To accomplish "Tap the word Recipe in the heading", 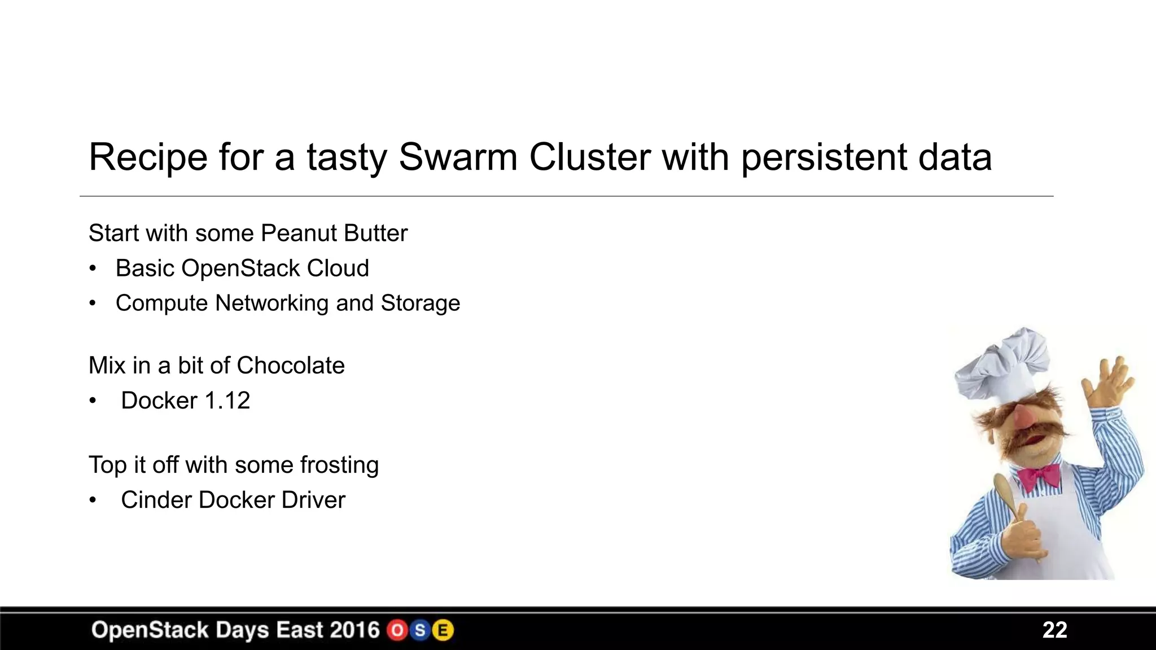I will tap(148, 158).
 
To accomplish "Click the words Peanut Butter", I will tap(334, 233).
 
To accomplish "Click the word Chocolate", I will tap(291, 366).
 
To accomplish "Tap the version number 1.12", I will tap(227, 401).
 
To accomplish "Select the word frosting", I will tap(339, 465).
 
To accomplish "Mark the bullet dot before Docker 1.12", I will tap(93, 401).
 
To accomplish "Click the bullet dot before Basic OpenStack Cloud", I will tap(93, 269).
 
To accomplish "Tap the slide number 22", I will tap(1054, 630).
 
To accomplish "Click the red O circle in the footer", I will tap(397, 630).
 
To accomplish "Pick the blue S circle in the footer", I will tap(420, 630).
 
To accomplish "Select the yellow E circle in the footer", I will tap(443, 630).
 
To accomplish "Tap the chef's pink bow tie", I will tap(1039, 477).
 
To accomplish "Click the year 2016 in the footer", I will tap(354, 630).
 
